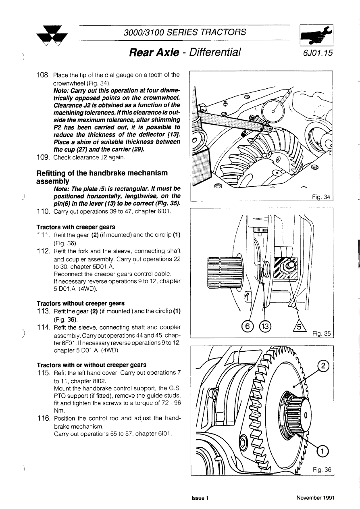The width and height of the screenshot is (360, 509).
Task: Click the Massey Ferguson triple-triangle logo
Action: [x=52, y=36]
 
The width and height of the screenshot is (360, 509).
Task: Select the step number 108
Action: [x=43, y=75]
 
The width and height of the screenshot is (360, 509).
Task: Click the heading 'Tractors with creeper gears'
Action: [x=75, y=227]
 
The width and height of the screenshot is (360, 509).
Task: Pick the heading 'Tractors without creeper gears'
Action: [x=80, y=303]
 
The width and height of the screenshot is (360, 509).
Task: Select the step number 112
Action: [x=43, y=251]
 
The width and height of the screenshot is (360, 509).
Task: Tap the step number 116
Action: [x=43, y=418]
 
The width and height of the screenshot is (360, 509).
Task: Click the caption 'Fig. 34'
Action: [x=321, y=197]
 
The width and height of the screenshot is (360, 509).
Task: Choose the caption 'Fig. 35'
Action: [x=321, y=334]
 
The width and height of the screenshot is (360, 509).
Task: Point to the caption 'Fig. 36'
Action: [x=322, y=469]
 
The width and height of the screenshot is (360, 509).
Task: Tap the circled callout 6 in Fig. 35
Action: [x=247, y=326]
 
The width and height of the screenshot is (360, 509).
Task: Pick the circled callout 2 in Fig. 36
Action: [x=323, y=366]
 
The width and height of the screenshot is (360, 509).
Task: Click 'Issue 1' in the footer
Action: [x=200, y=498]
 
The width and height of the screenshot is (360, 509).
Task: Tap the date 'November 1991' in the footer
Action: [x=315, y=498]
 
